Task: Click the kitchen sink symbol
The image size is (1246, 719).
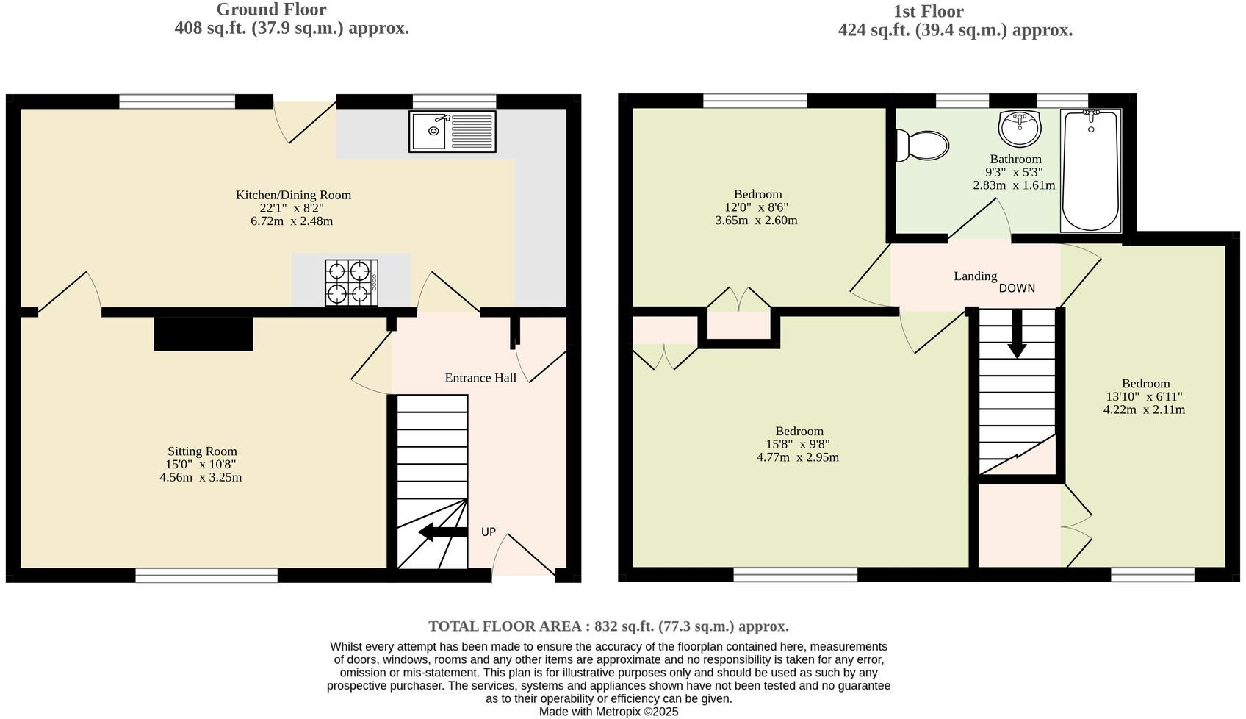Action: click(x=452, y=132)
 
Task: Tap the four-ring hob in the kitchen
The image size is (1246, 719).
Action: click(x=351, y=282)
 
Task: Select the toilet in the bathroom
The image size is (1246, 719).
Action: click(x=921, y=145)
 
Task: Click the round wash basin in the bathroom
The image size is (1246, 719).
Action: click(x=1019, y=129)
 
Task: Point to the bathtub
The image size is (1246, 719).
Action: click(x=1090, y=171)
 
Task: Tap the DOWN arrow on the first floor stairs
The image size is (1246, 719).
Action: click(x=1017, y=335)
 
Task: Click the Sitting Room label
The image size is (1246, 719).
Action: click(x=202, y=451)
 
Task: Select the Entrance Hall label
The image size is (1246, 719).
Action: click(x=480, y=378)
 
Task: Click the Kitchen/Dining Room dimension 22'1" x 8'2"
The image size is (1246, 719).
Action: click(x=292, y=208)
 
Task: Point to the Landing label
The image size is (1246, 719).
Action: click(x=975, y=276)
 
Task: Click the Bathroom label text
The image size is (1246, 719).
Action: click(x=1015, y=159)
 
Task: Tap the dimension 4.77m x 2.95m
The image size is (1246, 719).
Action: click(x=798, y=457)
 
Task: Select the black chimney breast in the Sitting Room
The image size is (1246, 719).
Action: click(x=204, y=334)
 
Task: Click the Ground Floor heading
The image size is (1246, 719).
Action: click(x=271, y=10)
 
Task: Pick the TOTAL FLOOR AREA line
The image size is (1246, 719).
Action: click(x=608, y=626)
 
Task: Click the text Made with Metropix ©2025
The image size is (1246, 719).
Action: click(x=608, y=712)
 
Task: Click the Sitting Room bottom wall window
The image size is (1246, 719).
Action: click(x=206, y=576)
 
